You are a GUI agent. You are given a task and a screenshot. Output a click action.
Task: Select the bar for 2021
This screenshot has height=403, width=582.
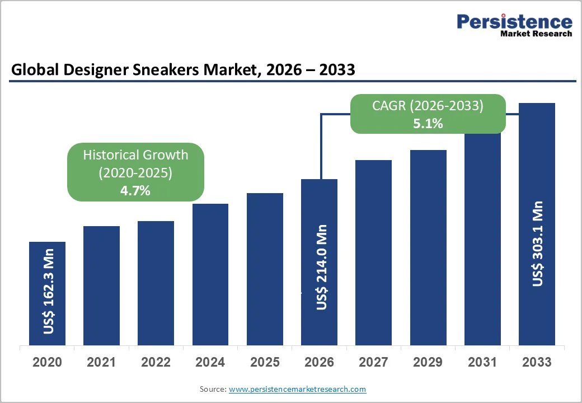click(x=101, y=285)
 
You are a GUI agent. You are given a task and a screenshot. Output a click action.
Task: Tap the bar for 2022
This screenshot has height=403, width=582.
click(x=156, y=283)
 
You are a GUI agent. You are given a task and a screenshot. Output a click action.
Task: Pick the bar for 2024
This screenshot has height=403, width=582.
click(x=210, y=274)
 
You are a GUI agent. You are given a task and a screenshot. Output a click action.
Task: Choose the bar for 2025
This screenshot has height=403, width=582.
click(x=265, y=269)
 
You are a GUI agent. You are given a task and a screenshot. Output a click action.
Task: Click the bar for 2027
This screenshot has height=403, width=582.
click(x=373, y=252)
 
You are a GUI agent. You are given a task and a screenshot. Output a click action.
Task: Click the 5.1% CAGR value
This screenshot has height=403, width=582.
click(x=428, y=124)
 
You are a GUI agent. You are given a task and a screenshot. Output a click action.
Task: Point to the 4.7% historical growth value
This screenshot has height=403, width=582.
click(x=135, y=190)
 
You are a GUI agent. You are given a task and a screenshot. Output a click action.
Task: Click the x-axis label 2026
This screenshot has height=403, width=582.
click(x=319, y=362)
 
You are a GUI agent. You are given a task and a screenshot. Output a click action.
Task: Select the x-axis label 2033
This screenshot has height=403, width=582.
click(x=537, y=362)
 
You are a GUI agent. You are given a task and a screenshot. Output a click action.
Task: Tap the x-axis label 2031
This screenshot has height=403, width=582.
click(x=482, y=362)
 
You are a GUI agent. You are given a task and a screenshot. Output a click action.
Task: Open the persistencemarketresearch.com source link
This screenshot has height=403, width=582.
click(x=297, y=389)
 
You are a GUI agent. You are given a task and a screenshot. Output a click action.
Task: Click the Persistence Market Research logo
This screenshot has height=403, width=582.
click(x=514, y=25)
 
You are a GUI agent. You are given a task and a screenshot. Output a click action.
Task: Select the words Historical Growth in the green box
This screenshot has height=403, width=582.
click(x=135, y=155)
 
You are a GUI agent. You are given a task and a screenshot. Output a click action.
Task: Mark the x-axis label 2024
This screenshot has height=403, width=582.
click(x=210, y=362)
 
